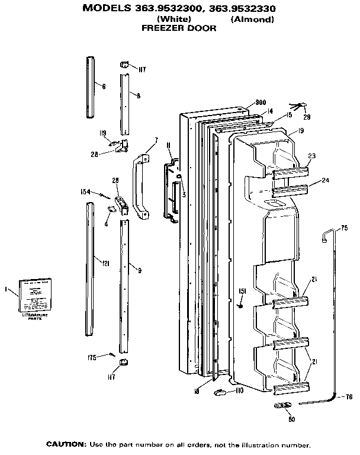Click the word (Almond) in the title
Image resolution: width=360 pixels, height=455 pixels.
[x=252, y=19]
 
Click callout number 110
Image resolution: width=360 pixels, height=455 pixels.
[x=239, y=392]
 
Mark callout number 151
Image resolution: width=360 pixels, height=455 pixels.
[x=242, y=291]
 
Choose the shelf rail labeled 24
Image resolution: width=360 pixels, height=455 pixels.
[x=290, y=191]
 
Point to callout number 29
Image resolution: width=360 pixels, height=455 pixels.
[x=307, y=117]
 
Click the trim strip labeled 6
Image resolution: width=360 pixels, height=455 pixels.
[x=91, y=87]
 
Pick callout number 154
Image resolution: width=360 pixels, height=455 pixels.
[x=85, y=191]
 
